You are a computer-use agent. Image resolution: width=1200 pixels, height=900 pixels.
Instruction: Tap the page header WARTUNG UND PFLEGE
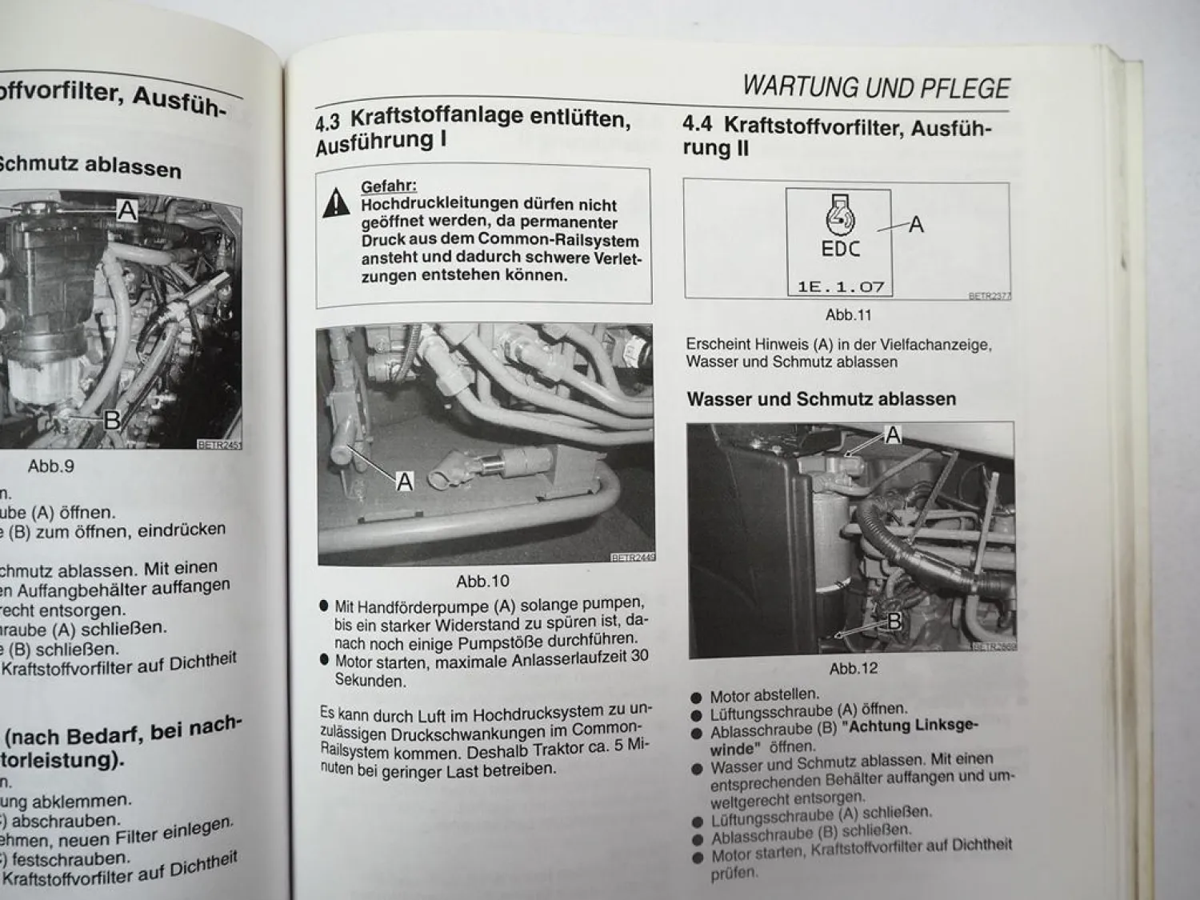tap(876, 86)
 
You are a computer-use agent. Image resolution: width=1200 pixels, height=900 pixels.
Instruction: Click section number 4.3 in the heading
tap(327, 122)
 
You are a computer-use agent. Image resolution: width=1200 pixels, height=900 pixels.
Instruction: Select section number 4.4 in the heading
tap(697, 125)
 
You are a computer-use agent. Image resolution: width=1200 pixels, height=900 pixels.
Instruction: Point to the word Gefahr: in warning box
tap(389, 186)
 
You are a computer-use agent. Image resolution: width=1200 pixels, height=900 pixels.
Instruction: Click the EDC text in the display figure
tap(840, 249)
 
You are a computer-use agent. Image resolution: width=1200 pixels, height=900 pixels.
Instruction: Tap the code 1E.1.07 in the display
tap(840, 286)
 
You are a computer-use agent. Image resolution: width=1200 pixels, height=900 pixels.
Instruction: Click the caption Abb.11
tap(848, 315)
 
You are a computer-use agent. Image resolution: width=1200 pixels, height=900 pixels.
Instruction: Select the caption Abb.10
tap(482, 582)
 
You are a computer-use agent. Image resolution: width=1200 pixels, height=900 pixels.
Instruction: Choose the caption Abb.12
tap(853, 669)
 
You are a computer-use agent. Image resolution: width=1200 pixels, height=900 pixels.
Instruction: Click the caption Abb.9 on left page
tap(51, 466)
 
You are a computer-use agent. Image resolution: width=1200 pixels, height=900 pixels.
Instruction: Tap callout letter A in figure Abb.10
tap(405, 482)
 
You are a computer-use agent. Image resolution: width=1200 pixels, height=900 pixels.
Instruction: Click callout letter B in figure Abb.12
tap(894, 621)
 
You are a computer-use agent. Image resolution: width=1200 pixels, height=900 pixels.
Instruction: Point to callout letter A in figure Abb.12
tap(893, 436)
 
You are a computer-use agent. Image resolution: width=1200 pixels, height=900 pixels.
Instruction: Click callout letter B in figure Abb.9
tap(112, 419)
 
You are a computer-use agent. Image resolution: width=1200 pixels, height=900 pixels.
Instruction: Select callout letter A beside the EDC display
tap(916, 225)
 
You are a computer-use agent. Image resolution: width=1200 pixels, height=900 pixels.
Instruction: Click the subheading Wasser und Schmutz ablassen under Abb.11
tap(821, 398)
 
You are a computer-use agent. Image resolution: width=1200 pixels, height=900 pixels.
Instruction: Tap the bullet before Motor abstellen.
tap(697, 697)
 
